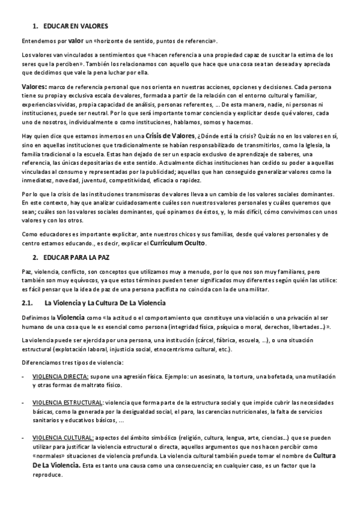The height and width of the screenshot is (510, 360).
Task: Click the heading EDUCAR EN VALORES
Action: tap(75, 26)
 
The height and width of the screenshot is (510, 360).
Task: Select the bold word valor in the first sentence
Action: tap(76, 40)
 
